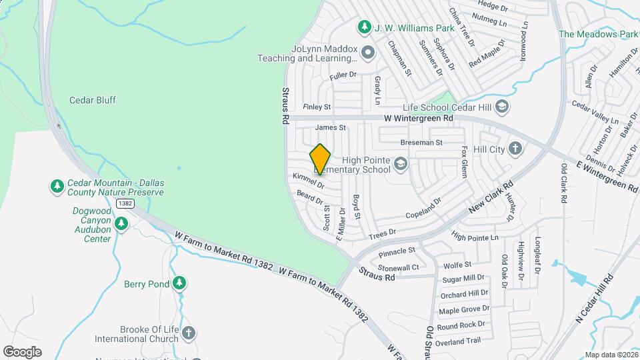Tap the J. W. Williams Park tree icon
pyautogui.click(x=364, y=27)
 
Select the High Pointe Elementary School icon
pyautogui.click(x=400, y=163)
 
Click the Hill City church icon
pyautogui.click(x=515, y=149)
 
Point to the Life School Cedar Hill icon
pyautogui.click(x=501, y=107)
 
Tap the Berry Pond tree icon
pyautogui.click(x=179, y=284)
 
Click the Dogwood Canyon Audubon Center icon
pyautogui.click(x=121, y=224)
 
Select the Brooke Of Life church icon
pyautogui.click(x=189, y=334)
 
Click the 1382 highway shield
pyautogui.click(x=124, y=203)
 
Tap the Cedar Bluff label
pyautogui.click(x=93, y=100)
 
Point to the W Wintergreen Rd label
pyautogui.click(x=418, y=118)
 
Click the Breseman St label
pyautogui.click(x=421, y=143)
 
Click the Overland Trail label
pyautogui.click(x=459, y=341)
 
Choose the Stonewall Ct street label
pyautogui.click(x=398, y=267)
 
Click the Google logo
pyautogui.click(x=22, y=351)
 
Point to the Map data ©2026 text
pyautogui.click(x=611, y=355)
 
